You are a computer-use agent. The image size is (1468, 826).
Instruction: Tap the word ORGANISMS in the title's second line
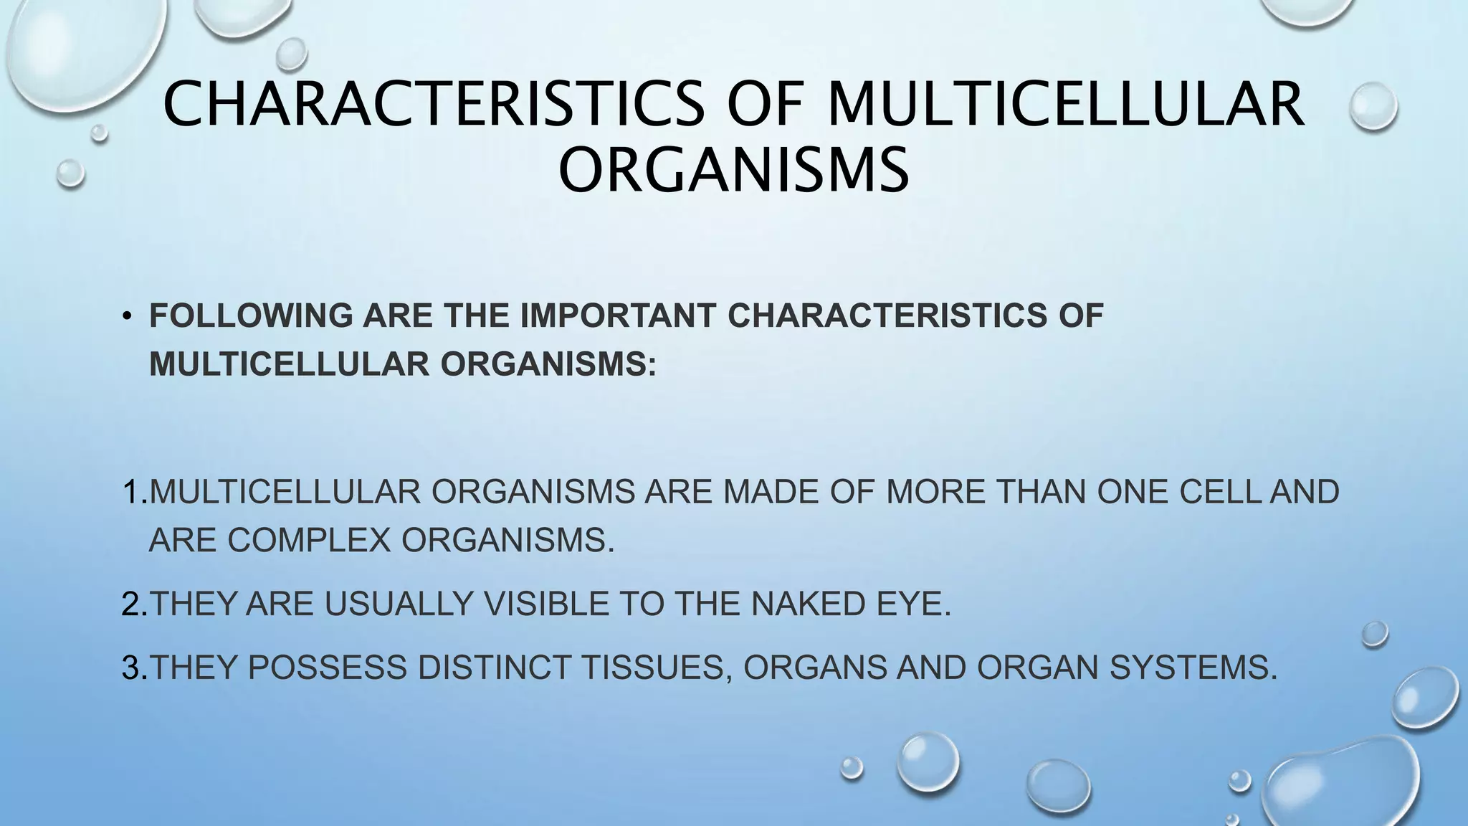[x=733, y=170]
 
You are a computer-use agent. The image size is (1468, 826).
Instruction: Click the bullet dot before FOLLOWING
[x=127, y=317]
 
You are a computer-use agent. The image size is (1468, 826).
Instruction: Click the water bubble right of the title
[x=1373, y=107]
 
